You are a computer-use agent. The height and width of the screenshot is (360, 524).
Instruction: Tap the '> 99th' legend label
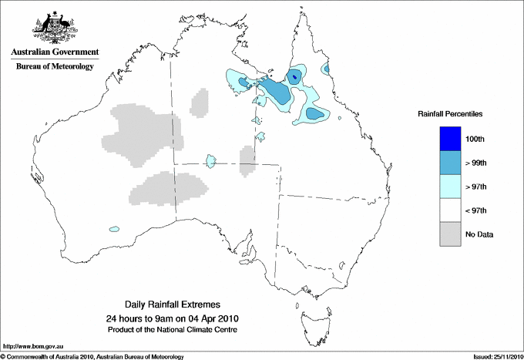coord(476,163)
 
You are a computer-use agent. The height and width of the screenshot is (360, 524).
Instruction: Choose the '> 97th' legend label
coord(476,187)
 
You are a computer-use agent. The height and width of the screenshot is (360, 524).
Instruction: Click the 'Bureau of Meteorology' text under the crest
coord(55,67)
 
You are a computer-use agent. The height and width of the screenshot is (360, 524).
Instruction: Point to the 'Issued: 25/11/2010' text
coord(495,356)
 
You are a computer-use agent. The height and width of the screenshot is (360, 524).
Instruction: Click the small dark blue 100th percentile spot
coord(294,76)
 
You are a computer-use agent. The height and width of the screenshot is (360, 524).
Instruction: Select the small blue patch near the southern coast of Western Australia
coord(115,229)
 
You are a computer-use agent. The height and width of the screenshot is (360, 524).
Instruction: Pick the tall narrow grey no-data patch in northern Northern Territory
coord(199,103)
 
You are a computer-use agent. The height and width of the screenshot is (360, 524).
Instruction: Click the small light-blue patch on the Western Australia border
coord(209,161)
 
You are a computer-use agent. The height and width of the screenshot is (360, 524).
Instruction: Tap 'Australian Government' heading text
coord(55,52)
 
